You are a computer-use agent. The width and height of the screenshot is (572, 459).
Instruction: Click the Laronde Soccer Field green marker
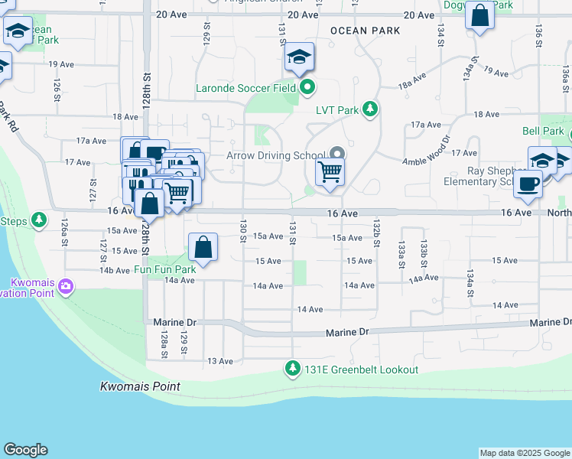[x=307, y=87]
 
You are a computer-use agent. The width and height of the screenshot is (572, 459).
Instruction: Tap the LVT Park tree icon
[x=370, y=109]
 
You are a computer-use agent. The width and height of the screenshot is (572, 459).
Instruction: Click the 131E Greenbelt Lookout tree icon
[x=292, y=369]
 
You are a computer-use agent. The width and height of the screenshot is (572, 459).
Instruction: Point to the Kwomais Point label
[x=140, y=386]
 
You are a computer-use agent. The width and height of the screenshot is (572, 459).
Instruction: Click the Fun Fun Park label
[x=165, y=269]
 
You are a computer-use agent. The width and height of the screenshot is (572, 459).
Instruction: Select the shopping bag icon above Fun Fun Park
[x=203, y=247]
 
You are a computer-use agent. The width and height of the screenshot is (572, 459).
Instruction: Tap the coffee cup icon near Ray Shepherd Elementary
[x=528, y=184]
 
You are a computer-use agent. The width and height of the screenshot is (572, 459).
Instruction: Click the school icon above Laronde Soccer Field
[x=299, y=57]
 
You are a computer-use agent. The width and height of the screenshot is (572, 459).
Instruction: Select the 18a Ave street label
[x=411, y=80]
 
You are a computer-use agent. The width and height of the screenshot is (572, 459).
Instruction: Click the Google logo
[x=25, y=450]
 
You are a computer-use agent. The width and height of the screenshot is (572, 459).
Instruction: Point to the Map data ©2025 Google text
[x=525, y=453]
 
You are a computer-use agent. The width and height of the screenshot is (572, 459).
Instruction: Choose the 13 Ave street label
[x=220, y=361]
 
